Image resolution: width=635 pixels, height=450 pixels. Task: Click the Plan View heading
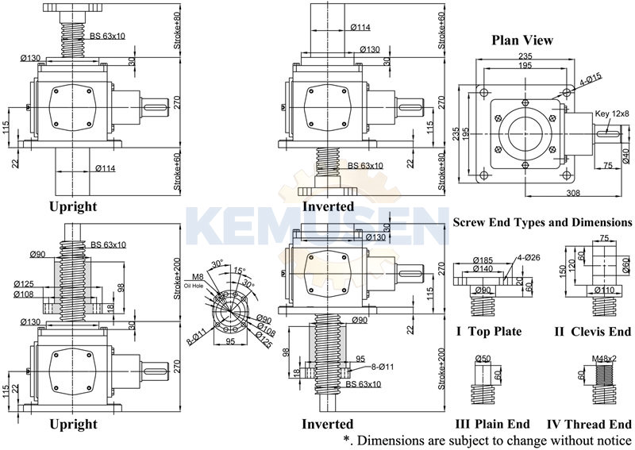521,40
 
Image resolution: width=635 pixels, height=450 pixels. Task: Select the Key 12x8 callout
613,113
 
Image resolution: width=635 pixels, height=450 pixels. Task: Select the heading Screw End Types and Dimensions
542,223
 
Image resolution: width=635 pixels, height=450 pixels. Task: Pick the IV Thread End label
589,424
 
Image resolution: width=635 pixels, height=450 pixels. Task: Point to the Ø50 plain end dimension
483,359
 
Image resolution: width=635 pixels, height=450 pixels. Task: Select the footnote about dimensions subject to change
487,440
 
